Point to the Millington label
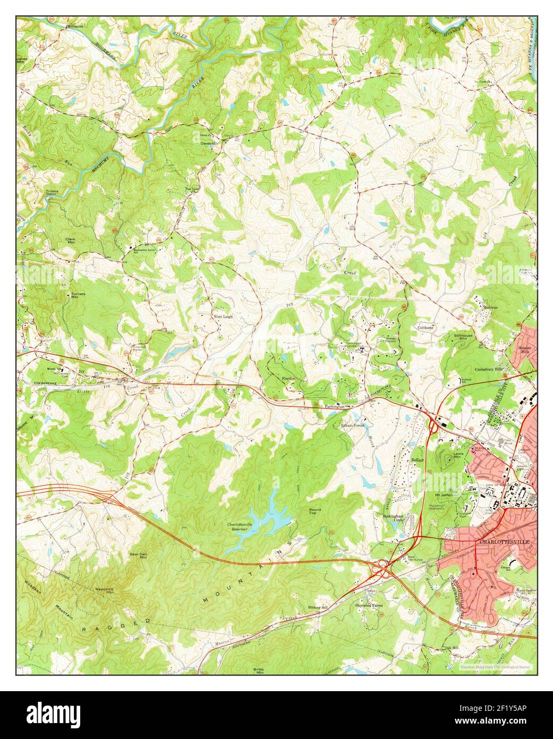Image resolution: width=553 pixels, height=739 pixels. (75, 26)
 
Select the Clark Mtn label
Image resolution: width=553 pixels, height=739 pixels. (70, 241)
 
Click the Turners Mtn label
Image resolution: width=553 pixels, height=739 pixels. (78, 296)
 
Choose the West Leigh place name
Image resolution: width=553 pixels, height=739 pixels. (223, 316)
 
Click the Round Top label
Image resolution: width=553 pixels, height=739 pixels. (315, 511)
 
